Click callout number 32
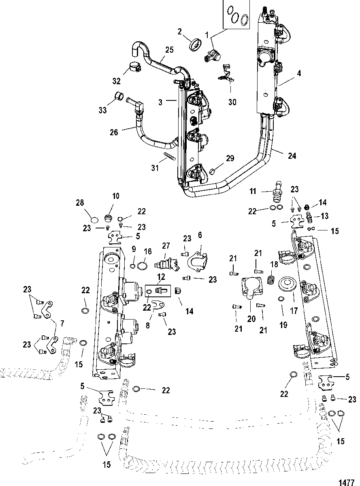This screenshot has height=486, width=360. tap(116, 81)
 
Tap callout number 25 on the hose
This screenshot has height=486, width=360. tap(169, 50)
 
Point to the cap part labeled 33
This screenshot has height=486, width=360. tap(119, 96)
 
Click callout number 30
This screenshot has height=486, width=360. tap(232, 102)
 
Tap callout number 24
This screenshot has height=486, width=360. tap(292, 156)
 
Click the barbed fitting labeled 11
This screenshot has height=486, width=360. tap(277, 191)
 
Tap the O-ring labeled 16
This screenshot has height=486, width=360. tap(142, 266)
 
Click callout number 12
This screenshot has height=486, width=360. tap(161, 277)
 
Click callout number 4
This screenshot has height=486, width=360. tap(299, 73)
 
